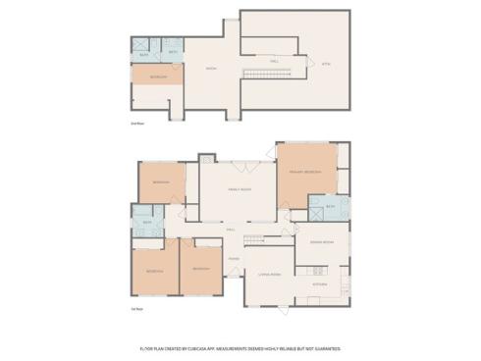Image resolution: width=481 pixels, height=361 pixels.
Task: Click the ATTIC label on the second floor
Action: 327,64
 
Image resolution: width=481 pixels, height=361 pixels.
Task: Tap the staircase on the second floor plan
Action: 261,76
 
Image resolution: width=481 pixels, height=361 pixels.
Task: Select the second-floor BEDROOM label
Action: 158,77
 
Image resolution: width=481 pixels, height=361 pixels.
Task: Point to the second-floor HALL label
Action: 274,61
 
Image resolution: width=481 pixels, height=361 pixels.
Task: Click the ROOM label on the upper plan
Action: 210,69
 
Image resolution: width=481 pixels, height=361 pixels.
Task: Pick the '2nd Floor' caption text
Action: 138,124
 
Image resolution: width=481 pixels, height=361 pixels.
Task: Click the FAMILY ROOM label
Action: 239,190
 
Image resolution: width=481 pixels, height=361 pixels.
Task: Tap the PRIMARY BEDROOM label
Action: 305,172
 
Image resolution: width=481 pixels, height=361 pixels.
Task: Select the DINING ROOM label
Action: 322,241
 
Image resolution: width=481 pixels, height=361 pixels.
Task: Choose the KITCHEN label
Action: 320,284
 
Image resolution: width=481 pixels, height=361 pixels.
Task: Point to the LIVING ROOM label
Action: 269,276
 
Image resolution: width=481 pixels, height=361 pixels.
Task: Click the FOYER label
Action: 234,259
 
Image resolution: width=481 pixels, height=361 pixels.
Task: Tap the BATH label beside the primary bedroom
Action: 331,207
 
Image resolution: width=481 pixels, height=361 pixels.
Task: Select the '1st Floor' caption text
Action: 137,309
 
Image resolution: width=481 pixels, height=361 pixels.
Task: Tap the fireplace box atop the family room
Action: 207,158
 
